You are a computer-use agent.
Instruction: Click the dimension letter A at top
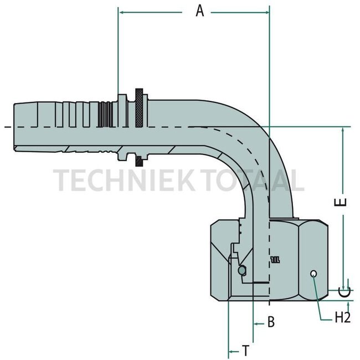point(200,11)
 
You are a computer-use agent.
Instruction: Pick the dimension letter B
point(271,322)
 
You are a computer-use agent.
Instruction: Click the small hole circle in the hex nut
point(314,273)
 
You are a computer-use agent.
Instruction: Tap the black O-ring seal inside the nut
point(241,270)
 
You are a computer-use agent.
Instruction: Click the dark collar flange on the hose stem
point(140,126)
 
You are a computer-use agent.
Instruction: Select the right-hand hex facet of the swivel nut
point(313,258)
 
